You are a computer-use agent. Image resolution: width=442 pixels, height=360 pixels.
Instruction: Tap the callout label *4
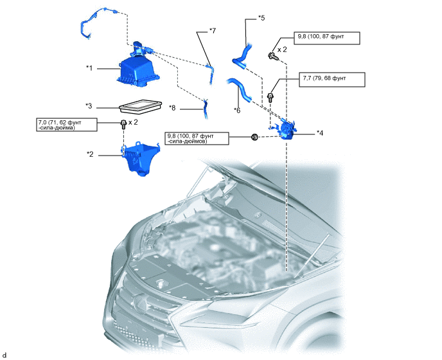coord(320,133)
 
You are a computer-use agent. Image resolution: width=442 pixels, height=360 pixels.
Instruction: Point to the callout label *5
coord(261,19)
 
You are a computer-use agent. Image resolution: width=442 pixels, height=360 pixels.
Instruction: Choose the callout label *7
coord(213,30)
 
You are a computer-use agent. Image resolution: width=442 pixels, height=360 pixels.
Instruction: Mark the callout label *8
coord(172,107)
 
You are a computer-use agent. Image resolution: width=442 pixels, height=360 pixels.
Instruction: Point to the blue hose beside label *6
coord(239,90)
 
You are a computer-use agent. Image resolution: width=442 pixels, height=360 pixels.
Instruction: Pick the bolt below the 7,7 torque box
coord(271,98)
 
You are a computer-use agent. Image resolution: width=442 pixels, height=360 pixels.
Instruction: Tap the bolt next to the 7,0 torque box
coord(122,123)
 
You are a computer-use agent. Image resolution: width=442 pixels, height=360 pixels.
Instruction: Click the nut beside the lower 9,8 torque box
coord(254,137)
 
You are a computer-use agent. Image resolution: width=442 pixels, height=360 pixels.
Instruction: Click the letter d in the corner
coord(4,354)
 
